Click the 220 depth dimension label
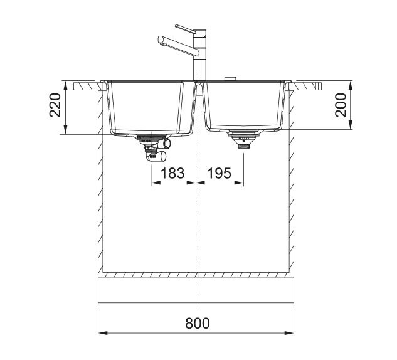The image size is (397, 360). pos(55,105)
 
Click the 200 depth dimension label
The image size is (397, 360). pos(341,105)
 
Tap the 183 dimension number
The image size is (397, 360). pos(172,173)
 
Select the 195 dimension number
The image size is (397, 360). pos(220,173)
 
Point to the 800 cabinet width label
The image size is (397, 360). pos(198,323)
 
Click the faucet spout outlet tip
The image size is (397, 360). pos(160,40)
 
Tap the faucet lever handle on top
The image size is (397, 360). pos(186,29)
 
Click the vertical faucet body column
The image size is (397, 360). pos(200,55)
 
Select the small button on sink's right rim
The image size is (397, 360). pos(230,79)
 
